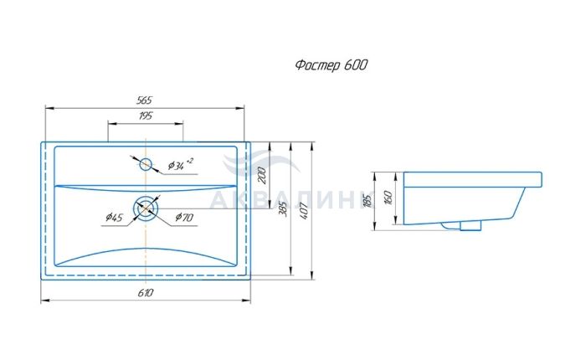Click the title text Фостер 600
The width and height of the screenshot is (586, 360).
click(x=332, y=65)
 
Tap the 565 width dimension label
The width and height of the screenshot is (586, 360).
click(x=144, y=100)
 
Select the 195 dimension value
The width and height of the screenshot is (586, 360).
click(x=146, y=116)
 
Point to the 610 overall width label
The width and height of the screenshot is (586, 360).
click(x=145, y=293)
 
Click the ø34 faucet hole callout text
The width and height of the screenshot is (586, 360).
click(x=181, y=164)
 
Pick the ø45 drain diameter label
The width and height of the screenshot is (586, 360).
click(x=114, y=217)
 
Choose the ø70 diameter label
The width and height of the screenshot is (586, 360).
click(x=184, y=217)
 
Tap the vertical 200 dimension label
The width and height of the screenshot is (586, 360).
click(x=262, y=175)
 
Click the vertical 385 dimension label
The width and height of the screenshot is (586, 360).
click(x=283, y=209)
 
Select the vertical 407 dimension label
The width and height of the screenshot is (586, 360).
click(x=303, y=211)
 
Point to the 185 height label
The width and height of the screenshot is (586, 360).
click(x=368, y=201)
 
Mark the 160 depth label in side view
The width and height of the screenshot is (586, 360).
click(x=388, y=198)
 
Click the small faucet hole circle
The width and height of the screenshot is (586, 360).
click(x=146, y=164)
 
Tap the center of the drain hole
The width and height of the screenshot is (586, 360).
click(x=146, y=208)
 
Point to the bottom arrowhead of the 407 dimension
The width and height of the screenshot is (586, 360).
click(x=312, y=275)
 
